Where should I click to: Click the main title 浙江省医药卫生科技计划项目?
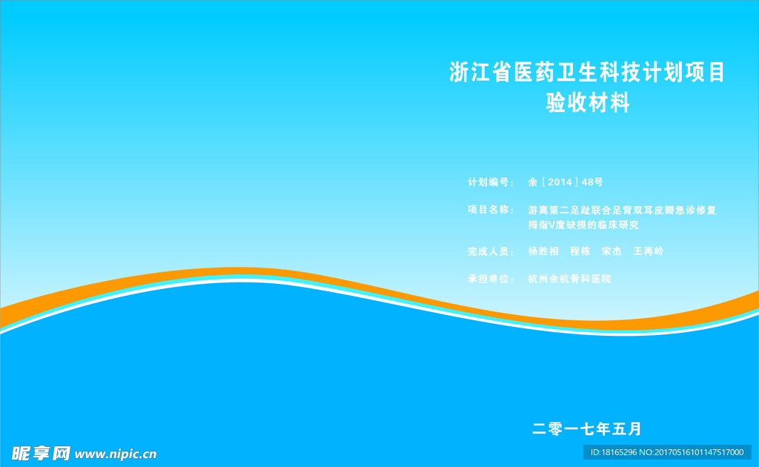587,72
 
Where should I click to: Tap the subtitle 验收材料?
588,102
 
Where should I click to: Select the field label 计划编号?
488,182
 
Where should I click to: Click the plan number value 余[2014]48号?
566,182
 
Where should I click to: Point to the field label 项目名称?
488,210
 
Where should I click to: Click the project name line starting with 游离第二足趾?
622,210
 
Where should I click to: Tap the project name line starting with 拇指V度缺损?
583,225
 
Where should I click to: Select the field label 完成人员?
488,251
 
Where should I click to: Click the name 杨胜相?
543,251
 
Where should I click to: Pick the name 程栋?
580,251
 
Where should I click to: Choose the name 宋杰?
611,251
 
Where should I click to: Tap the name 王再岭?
648,251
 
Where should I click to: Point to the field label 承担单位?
488,279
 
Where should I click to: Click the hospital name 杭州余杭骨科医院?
570,279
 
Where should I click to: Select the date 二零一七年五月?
587,428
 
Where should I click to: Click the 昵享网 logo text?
41,454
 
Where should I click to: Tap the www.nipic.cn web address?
116,454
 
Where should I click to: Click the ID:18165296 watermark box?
667,452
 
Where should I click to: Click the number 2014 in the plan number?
560,182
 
